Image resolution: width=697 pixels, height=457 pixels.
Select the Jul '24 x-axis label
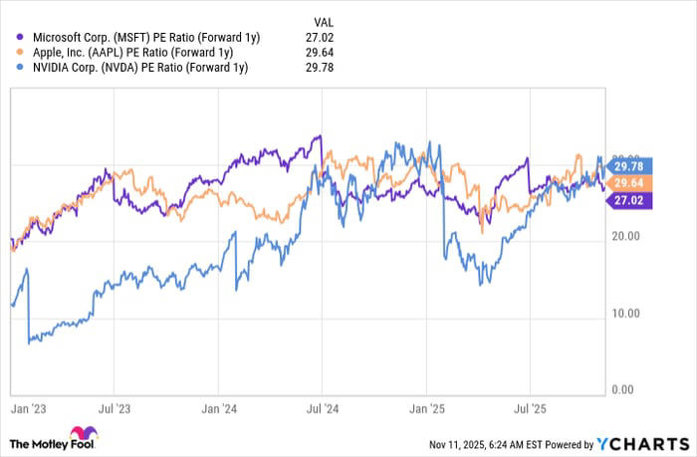[321, 408]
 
